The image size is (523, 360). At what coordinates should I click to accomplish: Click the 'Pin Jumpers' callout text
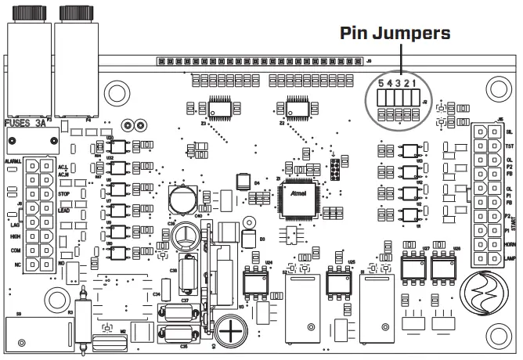coord(395,34)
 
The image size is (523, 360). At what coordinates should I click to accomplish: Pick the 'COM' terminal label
coord(15,250)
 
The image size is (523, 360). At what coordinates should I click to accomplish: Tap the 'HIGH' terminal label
coord(15,236)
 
